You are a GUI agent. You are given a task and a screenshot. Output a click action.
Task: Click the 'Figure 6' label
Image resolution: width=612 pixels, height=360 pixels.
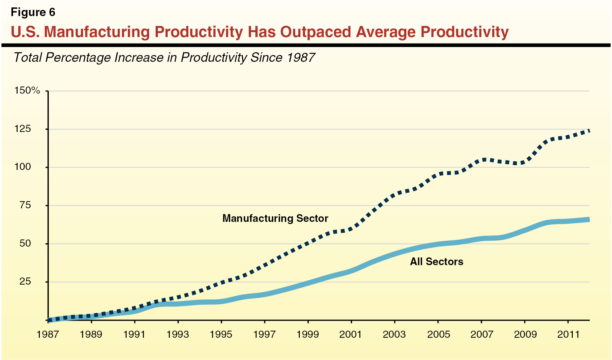pos(33,12)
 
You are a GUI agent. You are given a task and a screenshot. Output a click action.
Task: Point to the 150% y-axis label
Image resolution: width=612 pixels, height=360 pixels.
pos(27,91)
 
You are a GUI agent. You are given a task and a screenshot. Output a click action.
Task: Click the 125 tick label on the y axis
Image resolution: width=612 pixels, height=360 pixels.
pos(23,129)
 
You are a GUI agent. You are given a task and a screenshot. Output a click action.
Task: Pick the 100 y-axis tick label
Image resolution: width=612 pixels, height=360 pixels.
pos(23,167)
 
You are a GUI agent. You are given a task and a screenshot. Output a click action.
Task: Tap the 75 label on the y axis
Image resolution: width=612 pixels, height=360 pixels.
pos(25,205)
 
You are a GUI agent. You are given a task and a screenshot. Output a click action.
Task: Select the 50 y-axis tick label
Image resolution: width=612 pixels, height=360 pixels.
pos(25,244)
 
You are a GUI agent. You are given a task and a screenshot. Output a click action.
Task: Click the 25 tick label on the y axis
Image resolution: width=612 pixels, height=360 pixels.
pos(25,282)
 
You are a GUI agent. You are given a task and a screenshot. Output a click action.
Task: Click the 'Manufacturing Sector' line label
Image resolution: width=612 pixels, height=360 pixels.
pos(275,218)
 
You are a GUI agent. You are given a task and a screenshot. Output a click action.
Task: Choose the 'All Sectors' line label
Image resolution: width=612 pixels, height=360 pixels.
pos(436,262)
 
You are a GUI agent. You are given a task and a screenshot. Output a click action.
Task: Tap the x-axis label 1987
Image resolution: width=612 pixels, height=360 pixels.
pos(48,334)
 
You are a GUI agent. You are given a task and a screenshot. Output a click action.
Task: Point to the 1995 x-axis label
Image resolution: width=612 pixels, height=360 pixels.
pos(221,334)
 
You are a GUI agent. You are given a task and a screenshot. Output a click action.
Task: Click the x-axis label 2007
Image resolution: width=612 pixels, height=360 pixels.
pos(481,334)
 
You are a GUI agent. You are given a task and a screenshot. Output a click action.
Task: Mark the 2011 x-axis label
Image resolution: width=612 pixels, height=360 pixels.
pos(568,334)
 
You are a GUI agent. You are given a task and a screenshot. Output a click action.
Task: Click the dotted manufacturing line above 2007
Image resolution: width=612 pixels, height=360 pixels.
pos(482,160)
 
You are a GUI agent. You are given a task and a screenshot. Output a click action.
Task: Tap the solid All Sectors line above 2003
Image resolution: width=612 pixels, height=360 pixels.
pos(395,254)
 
